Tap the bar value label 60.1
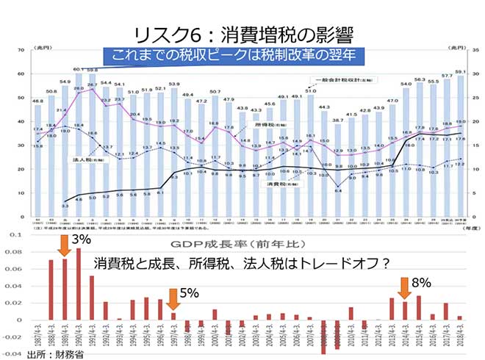pos(79,70)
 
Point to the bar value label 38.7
pos(337,119)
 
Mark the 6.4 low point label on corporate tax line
pos(337,190)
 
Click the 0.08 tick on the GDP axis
pos(13,251)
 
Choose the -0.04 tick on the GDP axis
pos(12,353)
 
